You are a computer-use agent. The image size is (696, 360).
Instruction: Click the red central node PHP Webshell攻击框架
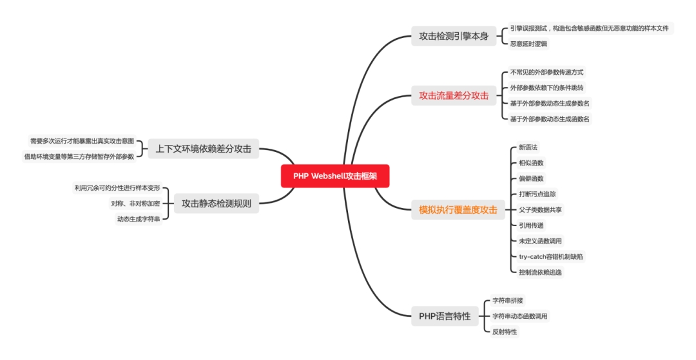coord(335,176)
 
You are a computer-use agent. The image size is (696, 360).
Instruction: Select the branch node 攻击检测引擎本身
coord(454,36)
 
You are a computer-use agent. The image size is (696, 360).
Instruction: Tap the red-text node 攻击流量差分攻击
coord(454,96)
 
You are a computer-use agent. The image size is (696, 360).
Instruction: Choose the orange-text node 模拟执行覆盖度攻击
coord(458,209)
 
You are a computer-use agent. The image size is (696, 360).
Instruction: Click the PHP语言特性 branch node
coord(445,316)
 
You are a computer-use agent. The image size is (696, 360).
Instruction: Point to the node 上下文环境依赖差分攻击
coord(203,149)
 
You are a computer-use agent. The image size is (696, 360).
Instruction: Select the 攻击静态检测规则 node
coord(216,204)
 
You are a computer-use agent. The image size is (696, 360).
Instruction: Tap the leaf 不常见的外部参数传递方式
coord(546,72)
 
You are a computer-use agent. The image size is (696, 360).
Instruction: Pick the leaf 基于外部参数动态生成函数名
coord(550,119)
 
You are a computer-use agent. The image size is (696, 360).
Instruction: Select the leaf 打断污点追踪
coord(537,194)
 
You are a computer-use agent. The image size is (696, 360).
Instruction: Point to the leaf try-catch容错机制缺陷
coord(552,256)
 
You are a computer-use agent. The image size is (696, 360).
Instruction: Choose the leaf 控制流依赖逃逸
coord(540,272)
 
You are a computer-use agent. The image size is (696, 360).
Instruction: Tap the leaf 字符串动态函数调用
coord(520,316)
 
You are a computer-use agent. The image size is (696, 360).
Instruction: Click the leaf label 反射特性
coord(505,332)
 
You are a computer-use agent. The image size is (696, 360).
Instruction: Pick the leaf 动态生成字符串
coord(139,220)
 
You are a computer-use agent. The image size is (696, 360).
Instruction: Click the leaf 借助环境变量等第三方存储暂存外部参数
coord(79,156)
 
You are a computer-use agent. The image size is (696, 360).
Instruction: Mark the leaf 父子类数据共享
coord(540,210)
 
